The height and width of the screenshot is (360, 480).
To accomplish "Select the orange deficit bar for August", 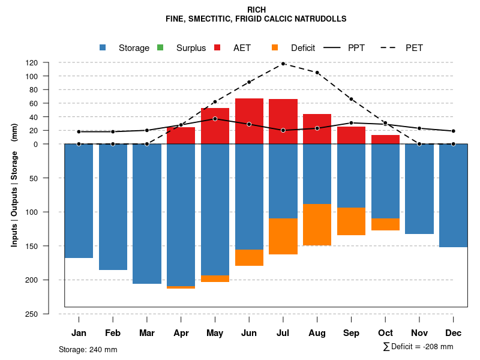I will coord(317,224).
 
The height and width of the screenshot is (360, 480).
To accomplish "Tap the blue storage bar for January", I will coord(79,201).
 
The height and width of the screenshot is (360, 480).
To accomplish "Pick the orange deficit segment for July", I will coord(283,236).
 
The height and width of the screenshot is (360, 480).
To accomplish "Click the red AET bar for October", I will coord(385,140).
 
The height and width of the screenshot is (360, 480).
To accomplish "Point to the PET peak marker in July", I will coord(283,64).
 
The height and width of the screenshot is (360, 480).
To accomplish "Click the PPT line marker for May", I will coord(215,119).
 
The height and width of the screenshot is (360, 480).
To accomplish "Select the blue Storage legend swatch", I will coord(103,48).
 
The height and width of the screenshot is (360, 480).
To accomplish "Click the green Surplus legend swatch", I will coord(160,48).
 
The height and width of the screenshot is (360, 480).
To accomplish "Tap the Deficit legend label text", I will coord(303,48).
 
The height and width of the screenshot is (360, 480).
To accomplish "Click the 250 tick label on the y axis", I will coord(49,314).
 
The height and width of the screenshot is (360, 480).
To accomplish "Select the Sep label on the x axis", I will coord(351,333).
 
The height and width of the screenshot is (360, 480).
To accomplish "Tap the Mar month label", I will coord(146,333).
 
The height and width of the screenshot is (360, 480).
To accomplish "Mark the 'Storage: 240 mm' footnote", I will coord(88,349).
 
